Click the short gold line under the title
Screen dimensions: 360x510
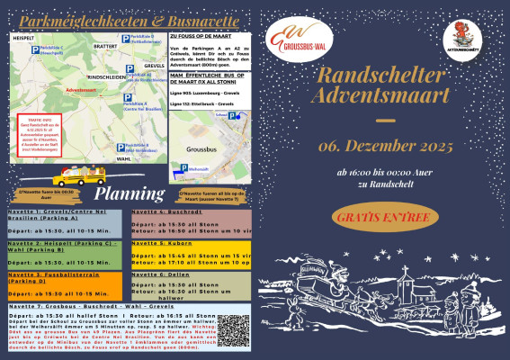click(384, 120)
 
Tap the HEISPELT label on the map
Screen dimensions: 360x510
click(24, 39)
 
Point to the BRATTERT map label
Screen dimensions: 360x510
click(104, 45)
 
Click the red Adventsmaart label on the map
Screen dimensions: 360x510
click(56, 90)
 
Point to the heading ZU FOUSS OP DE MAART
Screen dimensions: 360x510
click(203, 38)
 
